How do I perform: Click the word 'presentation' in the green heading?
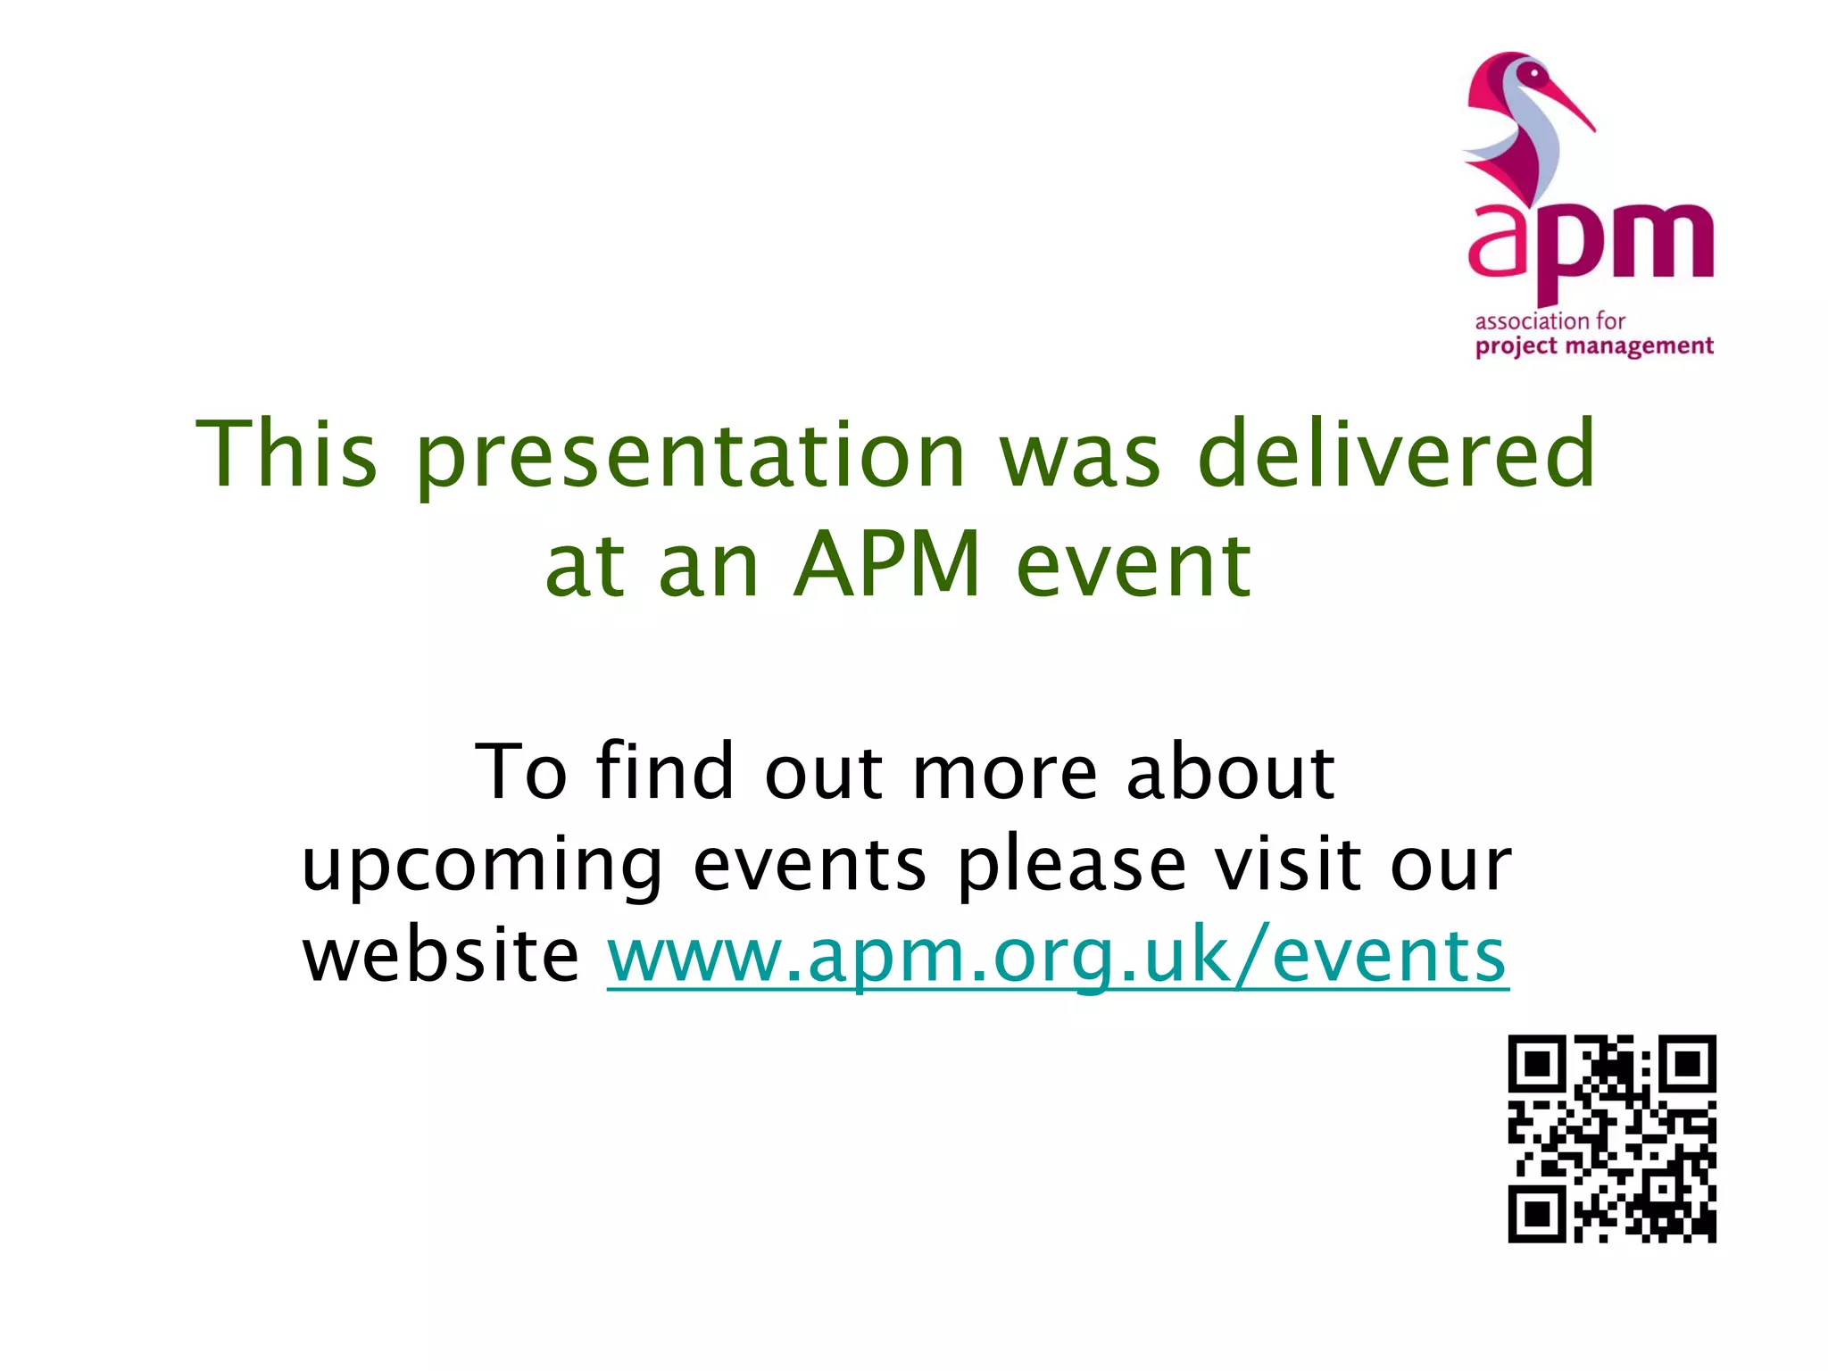click(692, 457)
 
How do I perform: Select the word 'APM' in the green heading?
click(888, 564)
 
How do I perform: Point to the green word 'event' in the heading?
click(1134, 566)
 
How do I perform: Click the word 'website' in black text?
click(441, 955)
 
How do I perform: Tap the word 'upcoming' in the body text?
click(482, 866)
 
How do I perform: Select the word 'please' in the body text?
click(1071, 866)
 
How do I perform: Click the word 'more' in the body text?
click(1004, 773)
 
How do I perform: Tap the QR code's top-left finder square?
click(1537, 1064)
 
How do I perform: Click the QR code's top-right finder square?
click(1687, 1064)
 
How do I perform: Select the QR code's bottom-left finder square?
click(1537, 1214)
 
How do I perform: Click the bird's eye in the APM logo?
click(1534, 72)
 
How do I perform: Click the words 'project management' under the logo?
click(1594, 346)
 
